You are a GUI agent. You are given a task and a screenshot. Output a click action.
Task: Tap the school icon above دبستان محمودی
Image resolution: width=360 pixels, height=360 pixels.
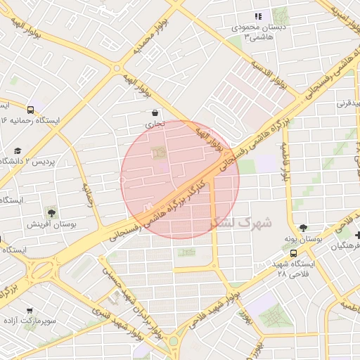258,16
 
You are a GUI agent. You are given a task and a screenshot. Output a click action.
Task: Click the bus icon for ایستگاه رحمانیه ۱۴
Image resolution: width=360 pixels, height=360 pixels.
30,110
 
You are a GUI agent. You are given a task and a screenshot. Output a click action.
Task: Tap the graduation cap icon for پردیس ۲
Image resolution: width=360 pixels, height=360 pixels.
18,150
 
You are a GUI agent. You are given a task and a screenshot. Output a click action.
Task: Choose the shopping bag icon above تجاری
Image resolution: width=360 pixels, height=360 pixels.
154,112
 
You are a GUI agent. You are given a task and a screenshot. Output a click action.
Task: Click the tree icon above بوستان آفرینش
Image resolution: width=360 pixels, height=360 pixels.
51,212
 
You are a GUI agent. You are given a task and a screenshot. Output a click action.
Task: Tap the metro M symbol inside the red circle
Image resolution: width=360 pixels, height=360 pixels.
147,206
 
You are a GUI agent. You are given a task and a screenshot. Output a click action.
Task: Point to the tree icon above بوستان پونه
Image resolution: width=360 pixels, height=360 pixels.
303,227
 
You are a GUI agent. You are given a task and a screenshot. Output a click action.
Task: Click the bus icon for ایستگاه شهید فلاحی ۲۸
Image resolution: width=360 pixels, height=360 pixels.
292,253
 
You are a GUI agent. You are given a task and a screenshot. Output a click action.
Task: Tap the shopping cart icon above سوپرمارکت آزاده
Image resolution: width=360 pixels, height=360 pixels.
30,310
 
